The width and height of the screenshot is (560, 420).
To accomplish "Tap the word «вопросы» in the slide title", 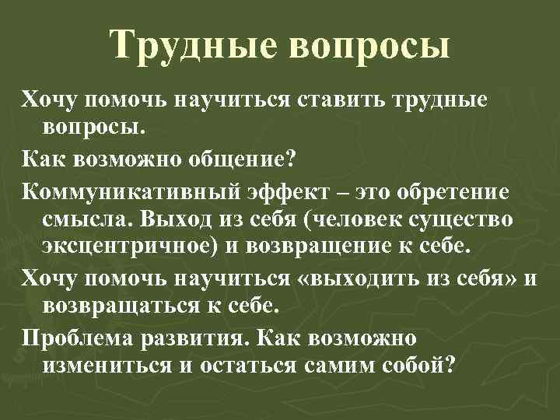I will tap(371, 45).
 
